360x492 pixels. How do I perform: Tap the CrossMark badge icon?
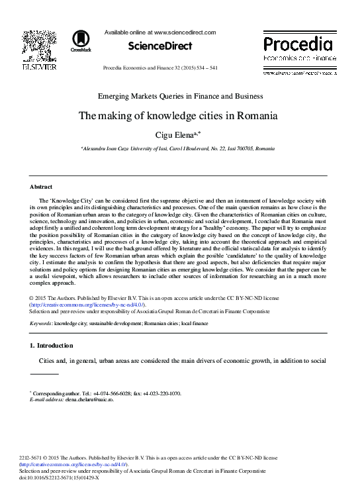pos(81,40)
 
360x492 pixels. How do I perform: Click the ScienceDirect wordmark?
pos(161,46)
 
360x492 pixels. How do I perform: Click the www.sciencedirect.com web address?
pos(185,31)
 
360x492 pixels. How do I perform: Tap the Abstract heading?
pos(41,187)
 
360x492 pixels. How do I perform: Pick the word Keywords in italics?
pos(41,322)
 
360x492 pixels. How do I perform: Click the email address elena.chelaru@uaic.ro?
pos(89,400)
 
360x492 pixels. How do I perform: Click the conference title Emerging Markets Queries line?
pos(180,96)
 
